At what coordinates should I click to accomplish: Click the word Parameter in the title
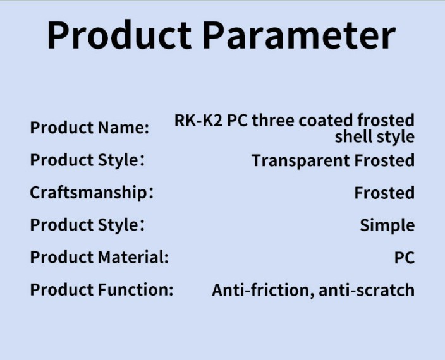point(299,35)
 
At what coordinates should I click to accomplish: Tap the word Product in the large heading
point(119,35)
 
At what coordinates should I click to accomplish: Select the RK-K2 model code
point(198,120)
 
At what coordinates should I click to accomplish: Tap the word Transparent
point(300,161)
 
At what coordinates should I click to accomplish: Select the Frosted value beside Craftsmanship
point(384,193)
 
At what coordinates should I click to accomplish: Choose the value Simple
point(387,225)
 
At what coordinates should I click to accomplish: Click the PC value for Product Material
point(405,258)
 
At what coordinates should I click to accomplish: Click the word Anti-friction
point(260,290)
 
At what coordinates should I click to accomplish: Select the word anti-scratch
point(367,290)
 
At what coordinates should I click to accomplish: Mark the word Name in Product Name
point(123,128)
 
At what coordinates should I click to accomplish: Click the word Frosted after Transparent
point(384,160)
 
